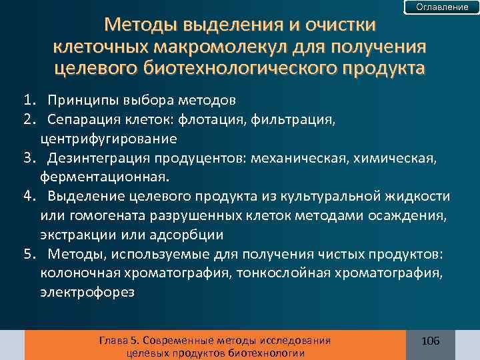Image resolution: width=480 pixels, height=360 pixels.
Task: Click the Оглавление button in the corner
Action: point(442,7)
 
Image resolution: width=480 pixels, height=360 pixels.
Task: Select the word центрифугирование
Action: point(108,139)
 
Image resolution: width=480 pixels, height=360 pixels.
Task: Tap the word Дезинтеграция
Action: point(99,158)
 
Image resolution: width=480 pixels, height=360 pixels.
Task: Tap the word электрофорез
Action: point(87,292)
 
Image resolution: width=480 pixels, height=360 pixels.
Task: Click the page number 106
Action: point(430,341)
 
